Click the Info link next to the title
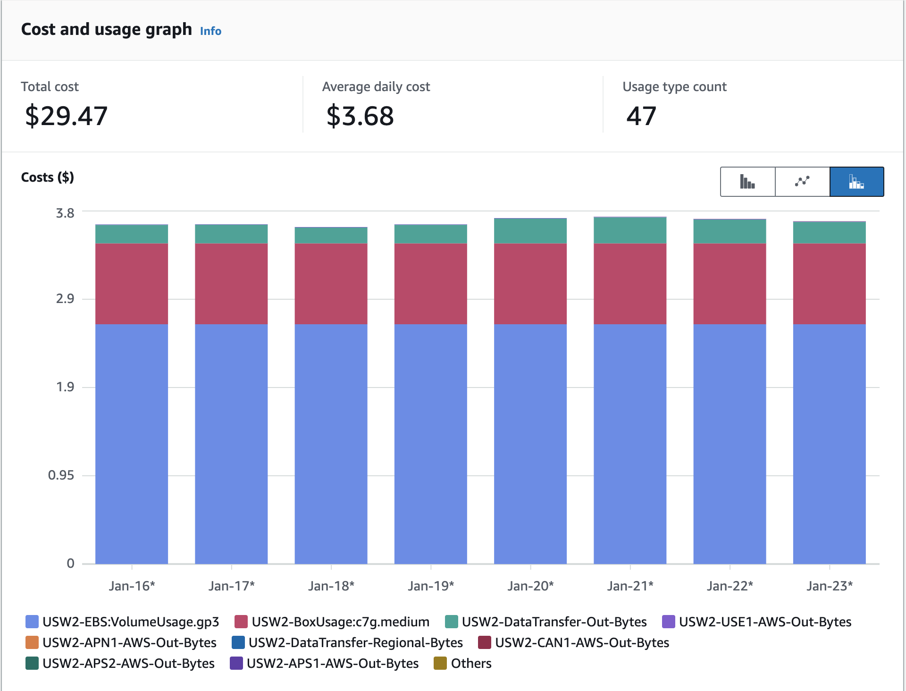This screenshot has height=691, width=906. (210, 31)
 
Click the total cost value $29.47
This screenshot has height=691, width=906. (66, 116)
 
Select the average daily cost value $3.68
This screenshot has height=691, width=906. (360, 116)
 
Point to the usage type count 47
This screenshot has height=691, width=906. (641, 116)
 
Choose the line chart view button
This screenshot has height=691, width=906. (802, 182)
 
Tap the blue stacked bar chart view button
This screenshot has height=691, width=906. (856, 182)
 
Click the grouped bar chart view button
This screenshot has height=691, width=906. (747, 182)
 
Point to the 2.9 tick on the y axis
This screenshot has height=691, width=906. (65, 299)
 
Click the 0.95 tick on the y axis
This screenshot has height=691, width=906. (61, 475)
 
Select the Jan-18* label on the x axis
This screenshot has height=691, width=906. (331, 586)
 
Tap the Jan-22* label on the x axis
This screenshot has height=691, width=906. (730, 586)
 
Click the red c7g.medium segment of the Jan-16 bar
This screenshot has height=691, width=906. (132, 283)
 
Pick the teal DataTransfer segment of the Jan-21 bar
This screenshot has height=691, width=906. (630, 230)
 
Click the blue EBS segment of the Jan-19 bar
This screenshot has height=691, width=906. (431, 444)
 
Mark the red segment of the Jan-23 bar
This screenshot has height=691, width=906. (830, 283)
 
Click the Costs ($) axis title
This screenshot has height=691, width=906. (48, 177)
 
